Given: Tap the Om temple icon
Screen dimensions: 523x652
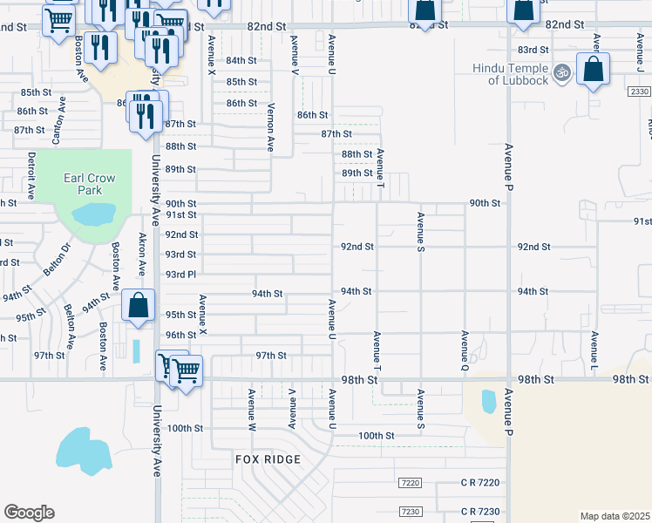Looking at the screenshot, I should tap(562, 71).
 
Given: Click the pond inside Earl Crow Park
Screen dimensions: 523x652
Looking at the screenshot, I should tap(93, 214).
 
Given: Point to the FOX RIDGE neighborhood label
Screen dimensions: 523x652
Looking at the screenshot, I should tap(268, 458).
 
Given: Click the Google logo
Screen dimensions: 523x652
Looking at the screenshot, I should tap(29, 512).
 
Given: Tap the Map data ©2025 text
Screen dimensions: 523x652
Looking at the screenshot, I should tap(615, 516).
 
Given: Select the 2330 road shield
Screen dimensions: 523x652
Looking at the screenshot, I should tap(639, 91).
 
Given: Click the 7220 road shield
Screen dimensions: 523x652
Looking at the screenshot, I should tap(409, 483).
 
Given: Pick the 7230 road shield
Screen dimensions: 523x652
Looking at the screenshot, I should tap(409, 511).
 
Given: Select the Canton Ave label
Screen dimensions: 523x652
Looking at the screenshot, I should tap(60, 120).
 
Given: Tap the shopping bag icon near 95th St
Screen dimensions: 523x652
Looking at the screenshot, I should tap(138, 305).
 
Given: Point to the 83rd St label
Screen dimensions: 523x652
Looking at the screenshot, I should tap(533, 50).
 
